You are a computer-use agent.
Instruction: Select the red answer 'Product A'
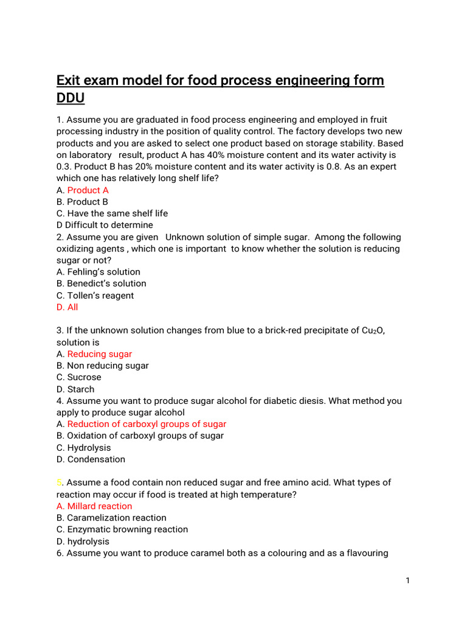(88, 190)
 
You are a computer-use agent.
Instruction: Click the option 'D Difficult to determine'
(105, 225)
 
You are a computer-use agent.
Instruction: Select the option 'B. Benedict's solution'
(101, 283)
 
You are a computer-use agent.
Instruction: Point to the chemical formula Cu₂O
(371, 330)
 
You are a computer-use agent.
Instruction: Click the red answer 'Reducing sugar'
(99, 354)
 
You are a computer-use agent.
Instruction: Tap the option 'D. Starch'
(75, 389)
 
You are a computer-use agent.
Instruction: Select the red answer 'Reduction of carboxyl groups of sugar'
(147, 424)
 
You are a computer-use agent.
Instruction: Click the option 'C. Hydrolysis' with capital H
(83, 448)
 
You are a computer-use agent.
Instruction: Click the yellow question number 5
(59, 482)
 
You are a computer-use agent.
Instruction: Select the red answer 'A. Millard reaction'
(94, 506)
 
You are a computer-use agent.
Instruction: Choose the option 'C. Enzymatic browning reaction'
(122, 529)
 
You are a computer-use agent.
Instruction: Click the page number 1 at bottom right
(407, 581)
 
